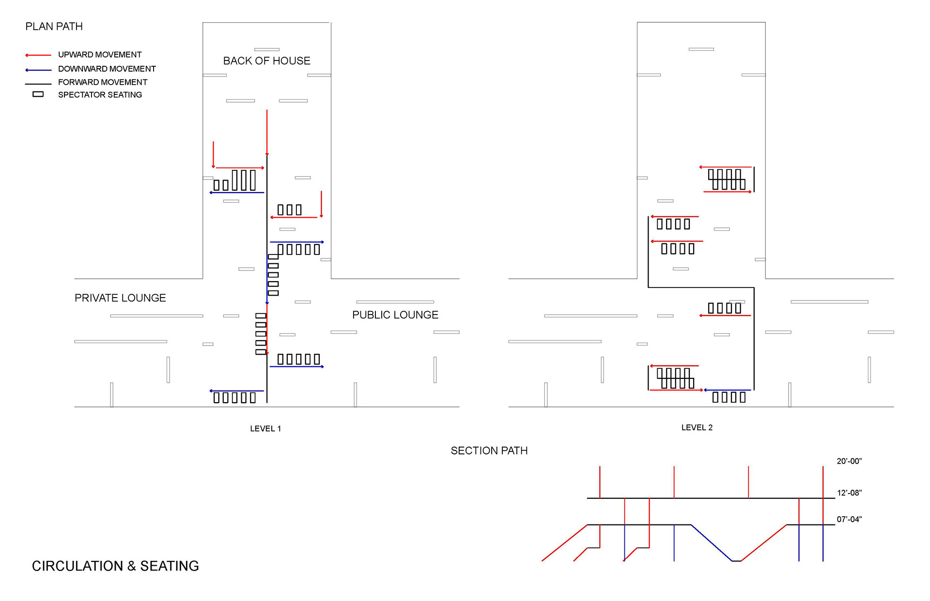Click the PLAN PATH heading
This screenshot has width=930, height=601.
click(x=54, y=27)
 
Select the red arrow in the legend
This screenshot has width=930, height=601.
click(x=38, y=55)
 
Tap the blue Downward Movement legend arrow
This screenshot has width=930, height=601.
click(x=38, y=70)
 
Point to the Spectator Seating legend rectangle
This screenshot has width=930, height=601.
click(x=38, y=94)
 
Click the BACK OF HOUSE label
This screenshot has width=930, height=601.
click(x=266, y=61)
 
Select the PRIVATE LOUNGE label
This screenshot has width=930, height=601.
click(x=120, y=298)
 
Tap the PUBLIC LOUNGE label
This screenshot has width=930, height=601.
click(x=395, y=315)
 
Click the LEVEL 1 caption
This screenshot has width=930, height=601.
click(x=265, y=429)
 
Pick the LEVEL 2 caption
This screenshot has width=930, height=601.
click(x=697, y=428)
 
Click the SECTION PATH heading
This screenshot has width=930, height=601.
click(x=489, y=451)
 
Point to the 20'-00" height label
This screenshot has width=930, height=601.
click(x=849, y=461)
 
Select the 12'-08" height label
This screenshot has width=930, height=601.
click(x=849, y=493)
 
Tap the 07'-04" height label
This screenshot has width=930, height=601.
click(x=849, y=520)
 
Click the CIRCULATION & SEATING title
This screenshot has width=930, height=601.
click(x=115, y=566)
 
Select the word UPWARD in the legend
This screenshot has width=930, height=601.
click(x=75, y=55)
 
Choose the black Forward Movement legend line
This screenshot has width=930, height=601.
click(x=38, y=84)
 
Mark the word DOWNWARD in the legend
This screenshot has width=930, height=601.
click(x=80, y=69)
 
